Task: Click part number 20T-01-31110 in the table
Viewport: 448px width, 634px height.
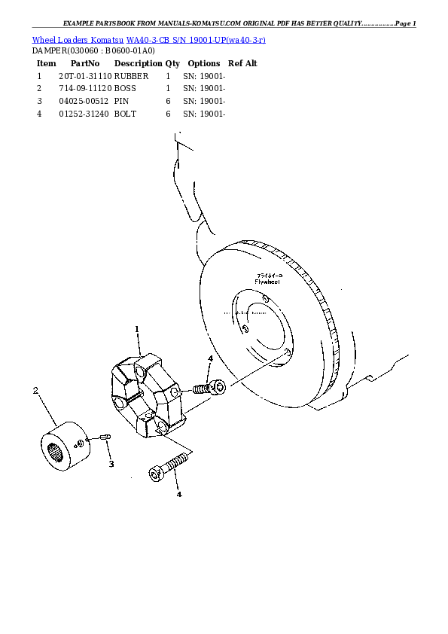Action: pos(85,76)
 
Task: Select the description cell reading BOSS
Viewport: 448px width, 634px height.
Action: pos(125,88)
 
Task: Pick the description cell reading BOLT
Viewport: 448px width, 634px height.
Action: pos(126,114)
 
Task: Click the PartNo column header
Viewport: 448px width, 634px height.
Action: pos(85,63)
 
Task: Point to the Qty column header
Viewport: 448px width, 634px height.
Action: pos(172,63)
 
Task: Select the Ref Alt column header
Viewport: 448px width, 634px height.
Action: pos(242,63)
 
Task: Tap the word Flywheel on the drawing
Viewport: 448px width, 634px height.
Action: pos(267,282)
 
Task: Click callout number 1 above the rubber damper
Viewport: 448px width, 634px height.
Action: pos(137,329)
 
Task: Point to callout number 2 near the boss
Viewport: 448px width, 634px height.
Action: pos(35,390)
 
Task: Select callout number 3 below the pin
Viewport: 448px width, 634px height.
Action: pos(111,464)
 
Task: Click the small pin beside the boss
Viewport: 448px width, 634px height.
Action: pos(105,437)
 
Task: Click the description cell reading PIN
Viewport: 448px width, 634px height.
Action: pos(121,101)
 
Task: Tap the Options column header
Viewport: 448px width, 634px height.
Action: pos(203,63)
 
